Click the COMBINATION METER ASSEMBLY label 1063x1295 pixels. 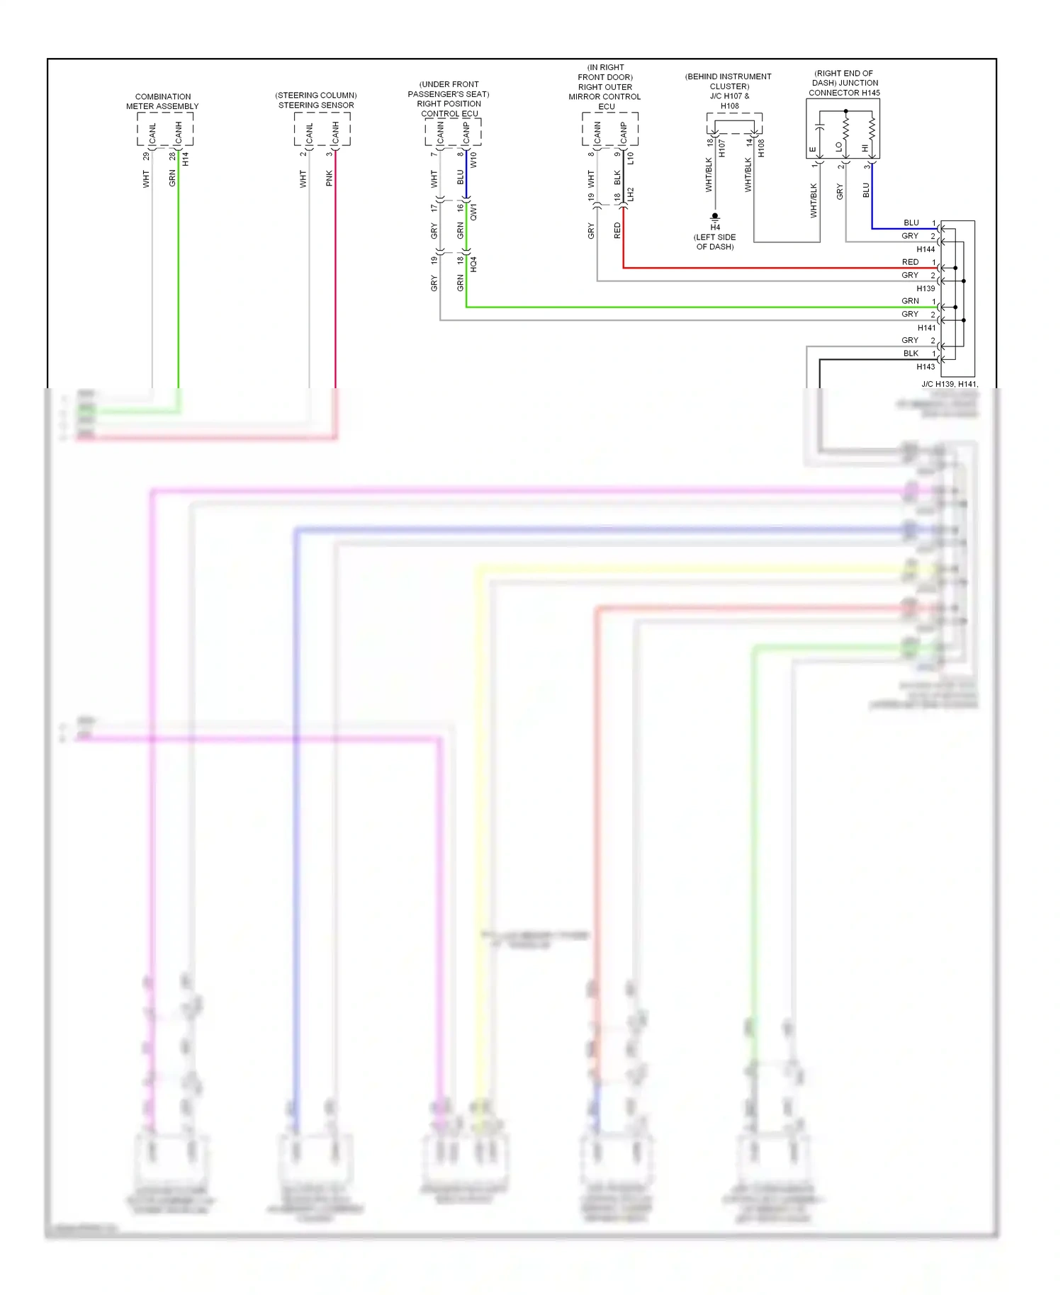click(x=162, y=101)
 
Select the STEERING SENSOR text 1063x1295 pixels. click(x=316, y=105)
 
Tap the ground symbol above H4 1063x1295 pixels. click(x=715, y=217)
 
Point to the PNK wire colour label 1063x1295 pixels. click(x=329, y=179)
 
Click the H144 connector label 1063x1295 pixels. click(x=926, y=249)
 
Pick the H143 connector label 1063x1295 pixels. click(x=926, y=367)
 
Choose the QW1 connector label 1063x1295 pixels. click(x=474, y=212)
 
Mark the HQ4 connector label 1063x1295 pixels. click(x=474, y=264)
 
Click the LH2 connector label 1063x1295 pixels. click(x=630, y=195)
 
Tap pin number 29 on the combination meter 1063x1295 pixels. click(x=146, y=156)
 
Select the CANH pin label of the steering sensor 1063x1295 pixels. click(x=335, y=132)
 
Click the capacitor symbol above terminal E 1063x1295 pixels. click(x=820, y=128)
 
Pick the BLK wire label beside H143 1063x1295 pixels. click(x=911, y=354)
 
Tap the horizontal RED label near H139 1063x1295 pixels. click(x=910, y=262)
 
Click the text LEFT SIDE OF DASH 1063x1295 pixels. click(x=714, y=242)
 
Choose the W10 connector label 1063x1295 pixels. click(x=473, y=159)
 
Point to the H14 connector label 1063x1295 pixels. click(x=186, y=159)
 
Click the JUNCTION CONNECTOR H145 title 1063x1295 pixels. click(x=844, y=88)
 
